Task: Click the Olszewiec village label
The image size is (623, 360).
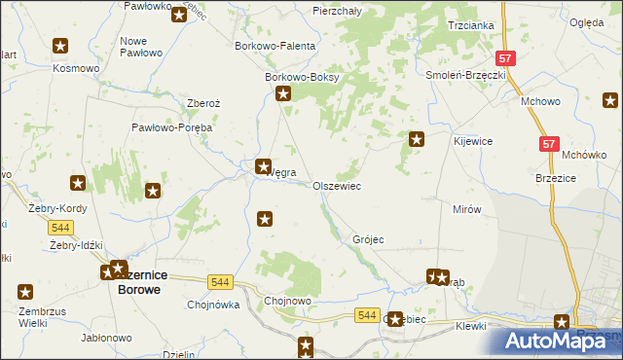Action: click(337, 186)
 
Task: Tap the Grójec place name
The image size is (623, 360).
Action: click(369, 239)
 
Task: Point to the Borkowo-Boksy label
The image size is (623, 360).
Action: click(302, 78)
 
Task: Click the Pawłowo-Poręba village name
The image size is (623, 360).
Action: click(172, 127)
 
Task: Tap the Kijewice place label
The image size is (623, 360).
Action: click(473, 141)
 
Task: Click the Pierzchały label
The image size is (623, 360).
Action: click(339, 10)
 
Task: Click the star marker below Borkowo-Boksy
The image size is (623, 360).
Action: click(283, 94)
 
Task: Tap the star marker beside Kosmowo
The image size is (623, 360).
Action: click(60, 46)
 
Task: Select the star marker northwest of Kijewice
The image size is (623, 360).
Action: click(417, 139)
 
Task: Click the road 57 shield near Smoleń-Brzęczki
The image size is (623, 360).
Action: click(504, 58)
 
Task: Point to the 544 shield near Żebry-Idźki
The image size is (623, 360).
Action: click(60, 227)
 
